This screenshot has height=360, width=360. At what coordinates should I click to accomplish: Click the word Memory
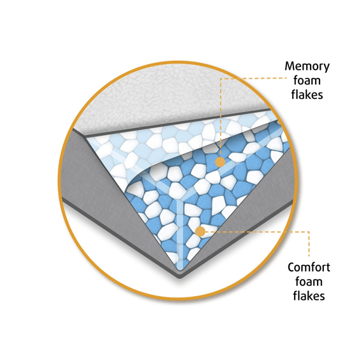tap(307, 67)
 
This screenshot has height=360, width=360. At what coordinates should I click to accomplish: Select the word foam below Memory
tap(307, 80)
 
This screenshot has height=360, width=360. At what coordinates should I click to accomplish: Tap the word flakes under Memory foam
tap(307, 94)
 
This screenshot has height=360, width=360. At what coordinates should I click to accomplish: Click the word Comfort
tap(309, 267)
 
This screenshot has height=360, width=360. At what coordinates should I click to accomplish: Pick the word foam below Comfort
tap(309, 281)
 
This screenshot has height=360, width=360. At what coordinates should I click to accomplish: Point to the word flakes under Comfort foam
tap(309, 295)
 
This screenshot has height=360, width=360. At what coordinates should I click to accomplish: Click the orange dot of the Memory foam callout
tap(220, 162)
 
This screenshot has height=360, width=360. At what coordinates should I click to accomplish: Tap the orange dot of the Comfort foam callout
tap(200, 231)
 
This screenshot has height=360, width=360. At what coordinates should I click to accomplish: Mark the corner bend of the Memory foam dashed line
tap(221, 79)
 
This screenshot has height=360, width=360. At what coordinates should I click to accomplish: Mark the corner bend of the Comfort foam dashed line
tap(309, 232)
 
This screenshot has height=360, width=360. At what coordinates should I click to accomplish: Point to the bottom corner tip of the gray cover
tap(181, 278)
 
